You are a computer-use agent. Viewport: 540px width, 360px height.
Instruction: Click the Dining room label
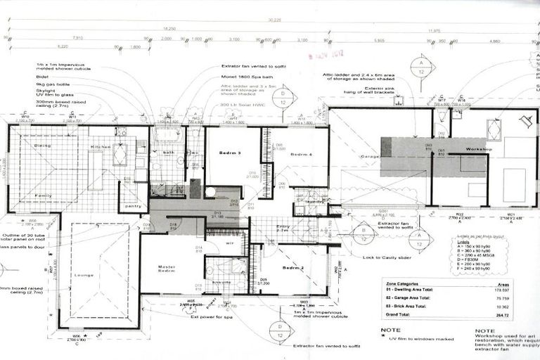42,146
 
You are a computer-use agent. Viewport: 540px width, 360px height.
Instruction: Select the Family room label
44,195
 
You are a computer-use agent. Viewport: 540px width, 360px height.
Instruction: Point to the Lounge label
84,275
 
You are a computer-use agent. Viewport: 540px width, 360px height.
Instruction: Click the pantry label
131,206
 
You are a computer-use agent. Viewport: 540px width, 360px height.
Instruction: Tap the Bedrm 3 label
230,153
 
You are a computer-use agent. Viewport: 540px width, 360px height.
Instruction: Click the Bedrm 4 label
300,153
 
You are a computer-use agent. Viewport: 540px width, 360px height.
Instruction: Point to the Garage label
370,156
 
